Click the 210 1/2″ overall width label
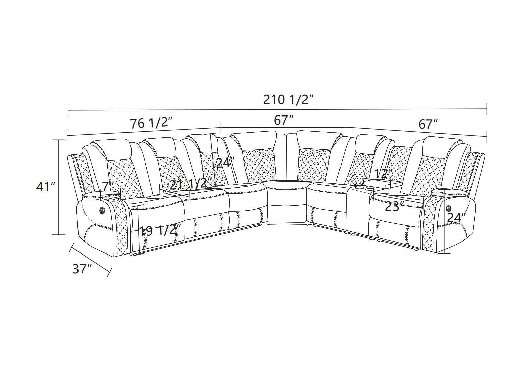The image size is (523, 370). click(x=288, y=100)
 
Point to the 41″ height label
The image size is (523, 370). click(x=46, y=187)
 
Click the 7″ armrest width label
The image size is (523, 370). click(x=108, y=186)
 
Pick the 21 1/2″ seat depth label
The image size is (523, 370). click(x=191, y=184)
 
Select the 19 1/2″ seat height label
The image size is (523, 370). click(x=160, y=230)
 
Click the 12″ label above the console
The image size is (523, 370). click(x=383, y=174)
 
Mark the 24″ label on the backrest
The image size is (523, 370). click(x=225, y=163)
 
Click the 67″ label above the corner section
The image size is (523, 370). click(x=284, y=121)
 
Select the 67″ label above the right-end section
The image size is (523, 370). click(x=428, y=124)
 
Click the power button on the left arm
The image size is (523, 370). click(x=102, y=210)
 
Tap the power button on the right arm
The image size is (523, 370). click(x=448, y=208)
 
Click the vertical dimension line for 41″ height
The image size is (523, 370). click(x=59, y=187)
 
